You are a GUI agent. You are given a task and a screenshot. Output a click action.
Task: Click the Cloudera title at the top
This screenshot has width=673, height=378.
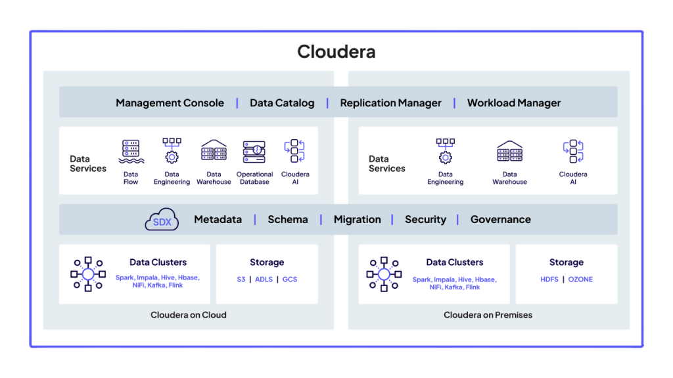(x=336, y=52)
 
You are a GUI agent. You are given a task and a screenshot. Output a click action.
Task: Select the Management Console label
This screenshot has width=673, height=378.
(x=170, y=103)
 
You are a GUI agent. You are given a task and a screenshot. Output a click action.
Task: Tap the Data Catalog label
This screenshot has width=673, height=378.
(x=282, y=103)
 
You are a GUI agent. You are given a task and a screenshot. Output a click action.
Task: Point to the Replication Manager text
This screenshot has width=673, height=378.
(x=390, y=103)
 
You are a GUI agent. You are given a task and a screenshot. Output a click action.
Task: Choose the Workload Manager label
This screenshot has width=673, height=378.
(x=514, y=103)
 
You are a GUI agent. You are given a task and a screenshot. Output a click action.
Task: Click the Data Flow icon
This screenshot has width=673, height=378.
(x=131, y=152)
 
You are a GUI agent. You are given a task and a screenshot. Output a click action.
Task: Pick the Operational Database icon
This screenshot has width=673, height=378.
(x=254, y=152)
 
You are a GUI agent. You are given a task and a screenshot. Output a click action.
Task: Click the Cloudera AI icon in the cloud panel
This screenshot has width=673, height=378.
(x=294, y=152)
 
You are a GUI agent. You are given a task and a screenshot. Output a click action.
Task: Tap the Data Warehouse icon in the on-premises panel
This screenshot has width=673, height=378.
(x=509, y=152)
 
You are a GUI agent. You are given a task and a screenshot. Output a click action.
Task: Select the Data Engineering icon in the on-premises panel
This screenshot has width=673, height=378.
(x=446, y=152)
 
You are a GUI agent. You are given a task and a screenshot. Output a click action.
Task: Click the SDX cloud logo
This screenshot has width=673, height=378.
(x=162, y=220)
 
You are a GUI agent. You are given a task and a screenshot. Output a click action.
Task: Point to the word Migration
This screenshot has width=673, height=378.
(x=357, y=220)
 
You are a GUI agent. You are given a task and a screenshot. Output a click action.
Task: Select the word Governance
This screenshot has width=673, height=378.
(x=500, y=220)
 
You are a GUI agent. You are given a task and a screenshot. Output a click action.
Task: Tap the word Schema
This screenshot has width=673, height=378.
(x=287, y=220)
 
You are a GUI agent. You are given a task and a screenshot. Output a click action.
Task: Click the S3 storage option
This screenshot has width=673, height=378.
(x=241, y=280)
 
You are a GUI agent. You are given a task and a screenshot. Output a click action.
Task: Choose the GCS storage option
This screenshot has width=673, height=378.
(x=289, y=280)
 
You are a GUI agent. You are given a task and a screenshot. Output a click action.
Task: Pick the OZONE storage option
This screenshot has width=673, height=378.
(x=580, y=280)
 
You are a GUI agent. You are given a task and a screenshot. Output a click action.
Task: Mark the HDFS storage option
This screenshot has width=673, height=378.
(x=549, y=280)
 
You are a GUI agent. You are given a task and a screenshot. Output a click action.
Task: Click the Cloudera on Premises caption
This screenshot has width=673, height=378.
(x=488, y=315)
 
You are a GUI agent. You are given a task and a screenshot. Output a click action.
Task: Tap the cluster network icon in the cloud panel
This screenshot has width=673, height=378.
(x=88, y=274)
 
